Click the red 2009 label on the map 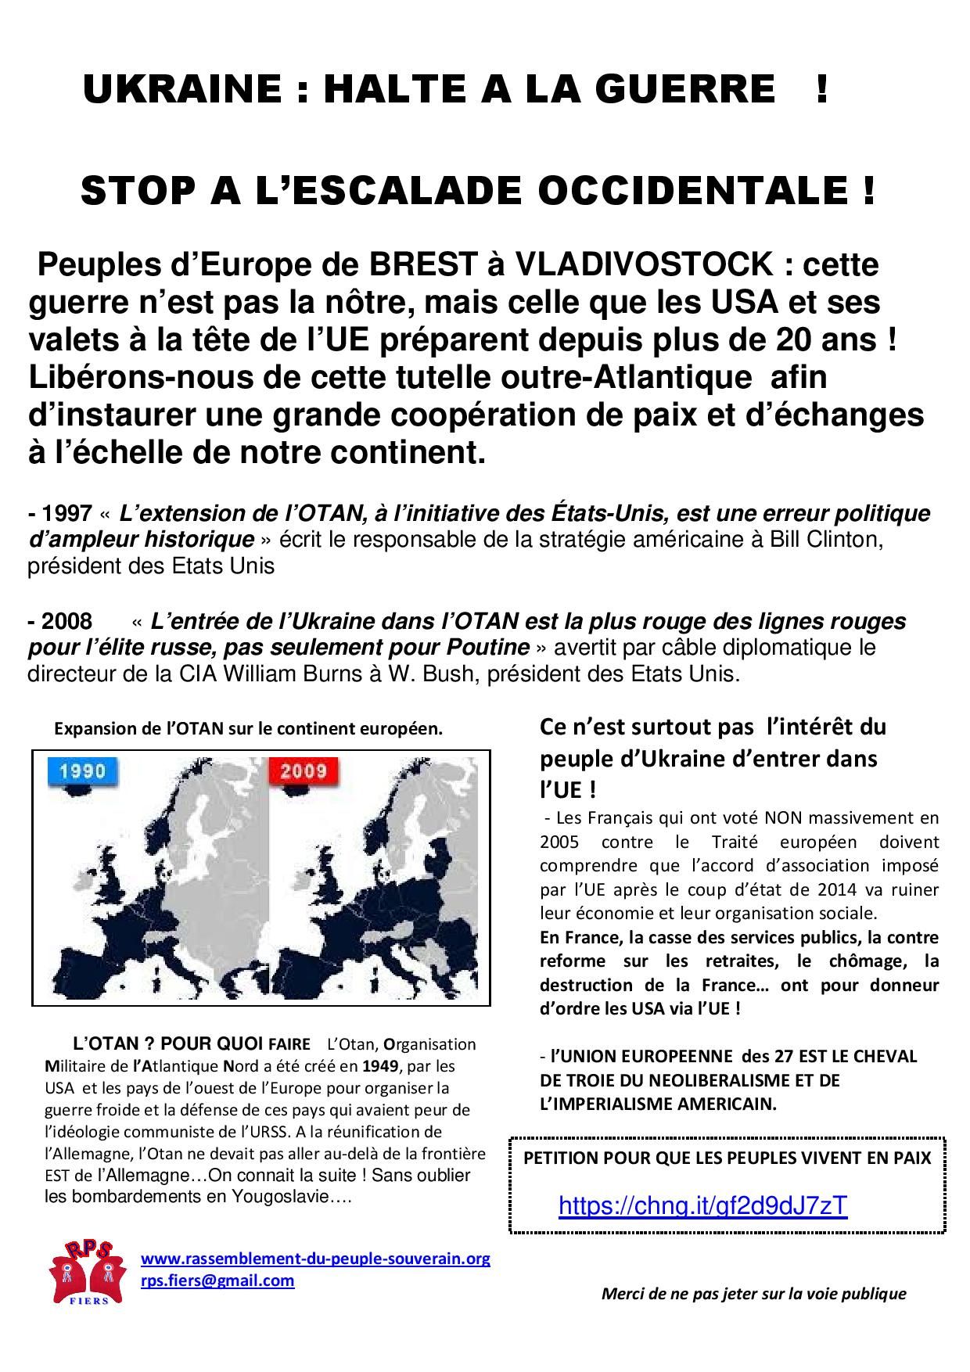pyautogui.click(x=303, y=771)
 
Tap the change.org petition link pyautogui.click(x=702, y=1205)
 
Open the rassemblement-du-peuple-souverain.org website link pyautogui.click(x=315, y=1259)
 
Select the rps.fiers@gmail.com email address pyautogui.click(x=217, y=1280)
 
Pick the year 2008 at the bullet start pyautogui.click(x=66, y=621)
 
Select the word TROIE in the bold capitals pyautogui.click(x=587, y=1080)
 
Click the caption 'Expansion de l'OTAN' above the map pyautogui.click(x=248, y=729)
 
